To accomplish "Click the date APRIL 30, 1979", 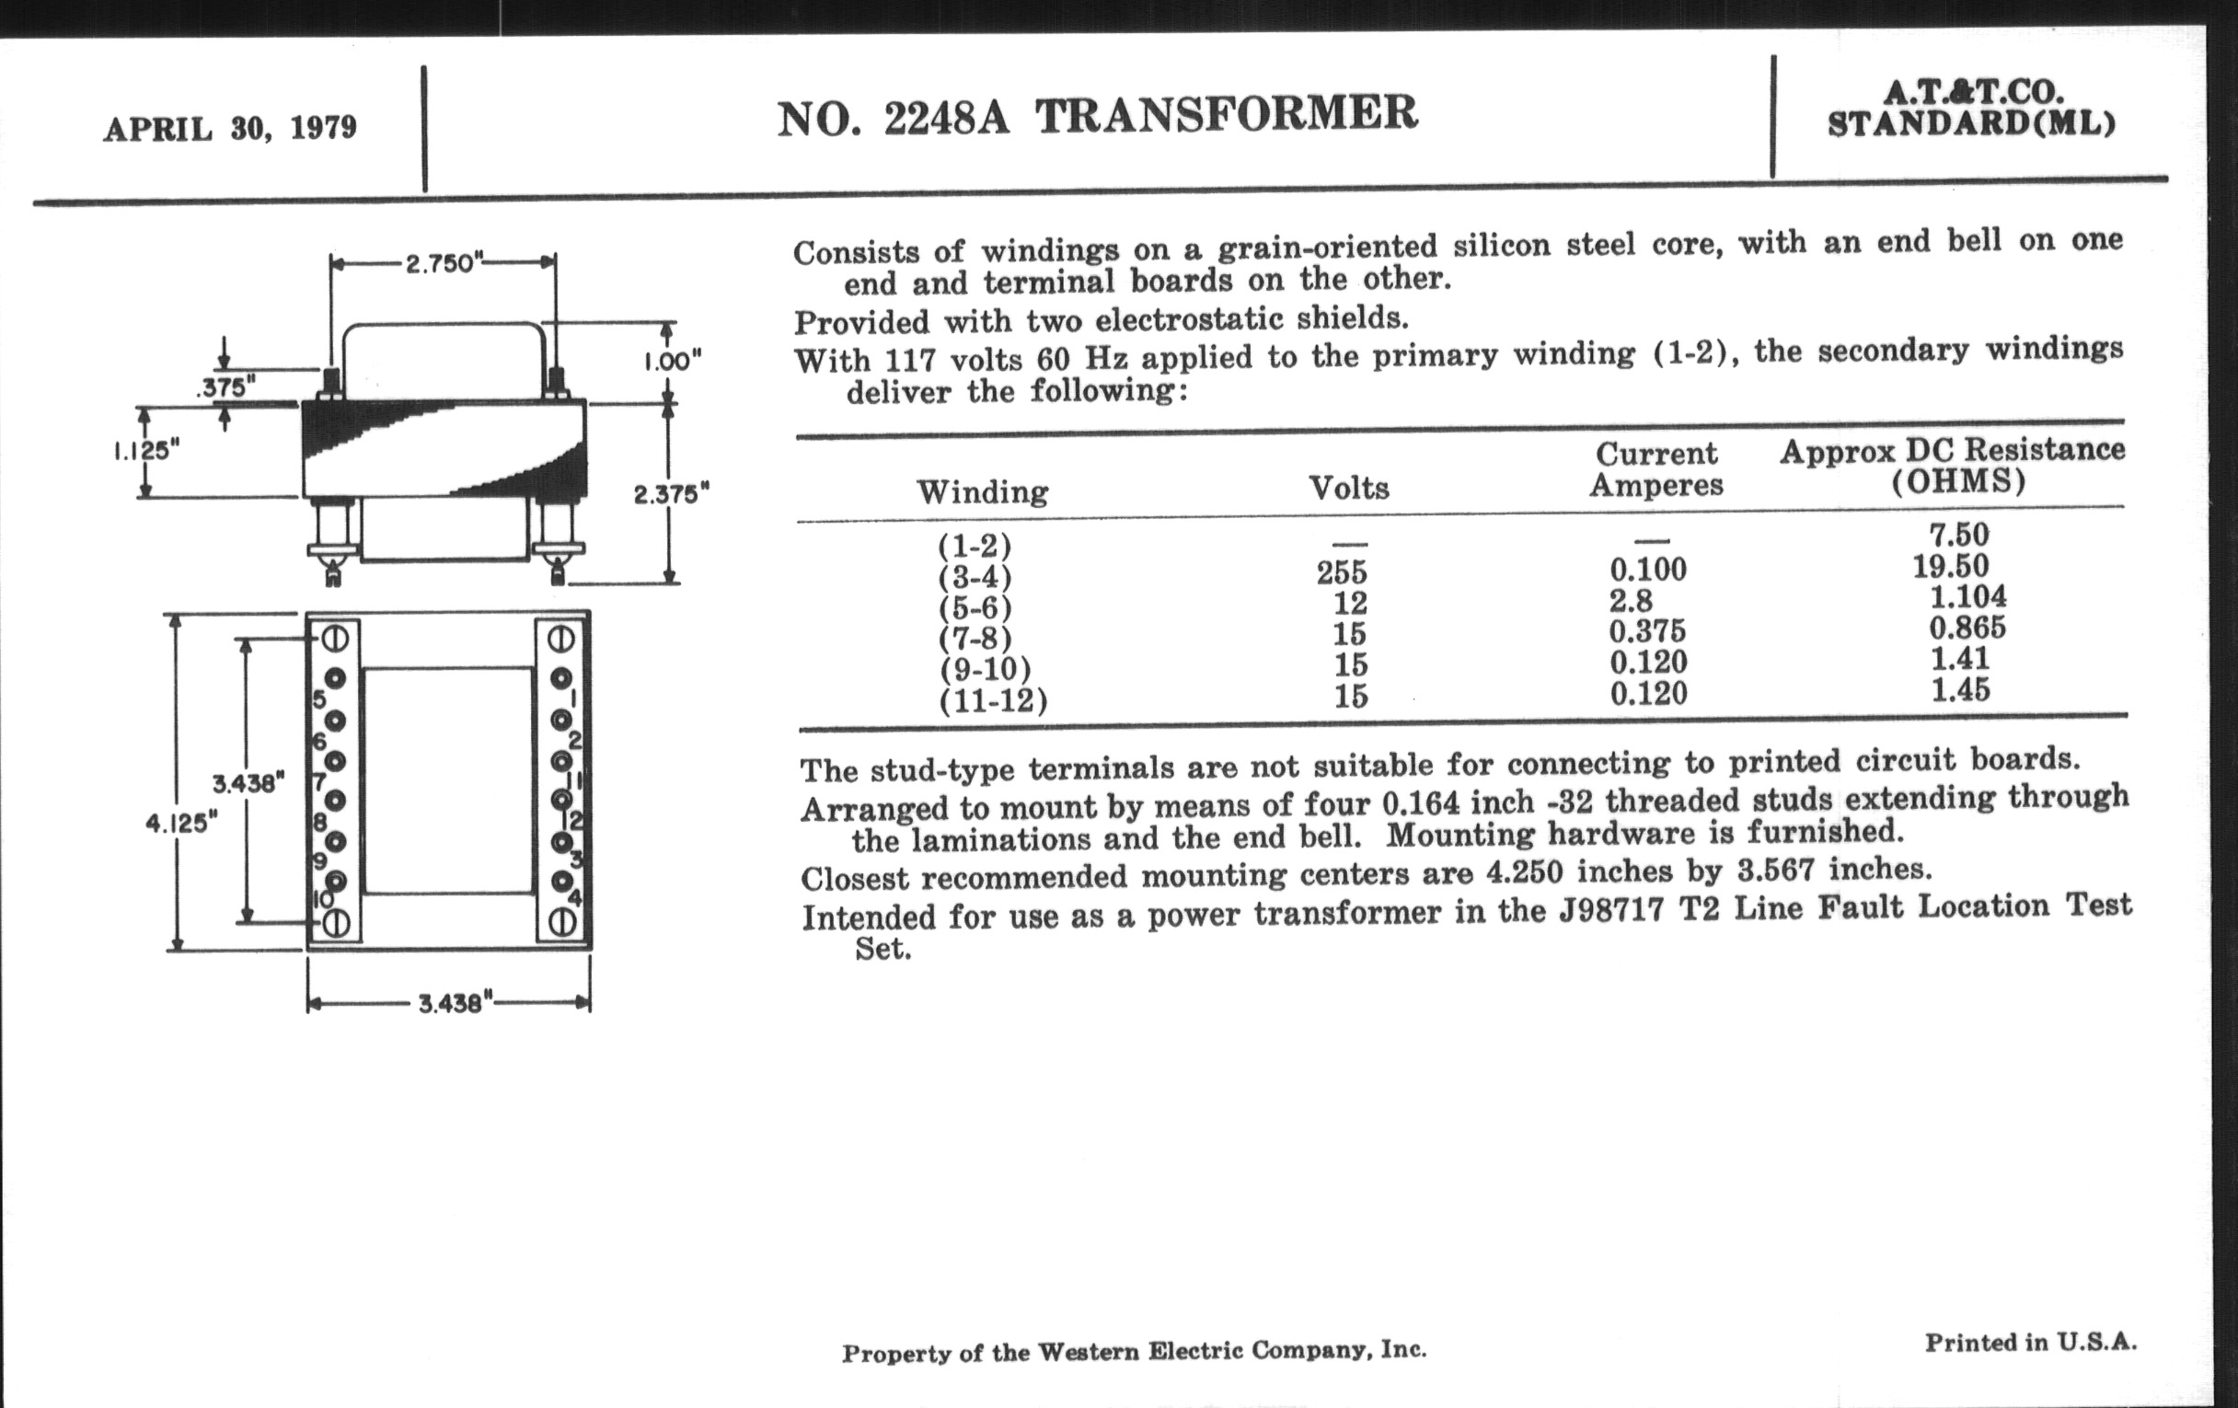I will [229, 128].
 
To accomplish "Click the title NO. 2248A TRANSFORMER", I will [1097, 117].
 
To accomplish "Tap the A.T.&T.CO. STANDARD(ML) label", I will [1970, 109].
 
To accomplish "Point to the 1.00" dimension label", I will [672, 362].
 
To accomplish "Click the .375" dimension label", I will [225, 388].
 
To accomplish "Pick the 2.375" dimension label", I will [671, 493].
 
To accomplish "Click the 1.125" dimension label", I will [146, 452].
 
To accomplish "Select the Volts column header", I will [1348, 488].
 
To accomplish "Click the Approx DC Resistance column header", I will [1952, 466].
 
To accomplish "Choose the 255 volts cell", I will [1341, 572].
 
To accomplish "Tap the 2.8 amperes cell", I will [1631, 600].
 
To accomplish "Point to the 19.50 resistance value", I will [1950, 566].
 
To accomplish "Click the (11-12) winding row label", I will [993, 699].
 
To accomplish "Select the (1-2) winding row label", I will [974, 545].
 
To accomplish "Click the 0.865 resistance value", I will [1967, 629].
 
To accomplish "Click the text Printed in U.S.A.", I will [2030, 1342].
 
